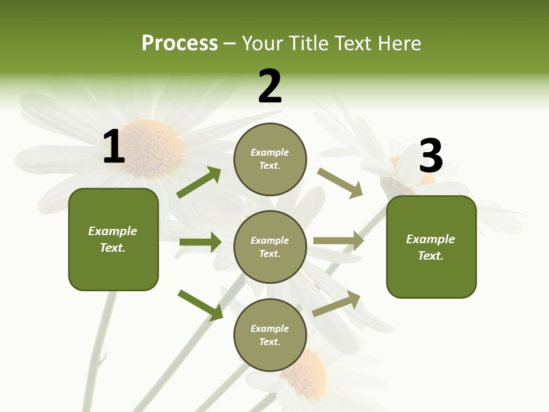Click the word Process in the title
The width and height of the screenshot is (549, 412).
[180, 43]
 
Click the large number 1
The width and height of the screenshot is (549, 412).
[114, 146]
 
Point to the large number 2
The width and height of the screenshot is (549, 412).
[270, 86]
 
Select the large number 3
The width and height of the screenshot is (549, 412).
[431, 156]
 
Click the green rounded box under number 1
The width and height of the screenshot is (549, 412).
[113, 239]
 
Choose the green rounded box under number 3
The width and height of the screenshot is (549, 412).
[431, 247]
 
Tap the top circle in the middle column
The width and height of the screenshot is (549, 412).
[270, 159]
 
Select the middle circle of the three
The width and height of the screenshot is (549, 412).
[270, 247]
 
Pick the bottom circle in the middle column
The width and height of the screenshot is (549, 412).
[270, 335]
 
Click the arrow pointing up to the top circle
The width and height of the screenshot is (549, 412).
[199, 183]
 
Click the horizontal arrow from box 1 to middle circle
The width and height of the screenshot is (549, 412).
[200, 242]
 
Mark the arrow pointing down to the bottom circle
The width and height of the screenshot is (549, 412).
[201, 304]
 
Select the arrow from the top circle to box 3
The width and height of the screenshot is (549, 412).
[340, 183]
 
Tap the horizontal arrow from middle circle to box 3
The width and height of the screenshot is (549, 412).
[339, 241]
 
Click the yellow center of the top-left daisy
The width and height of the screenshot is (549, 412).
[152, 148]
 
